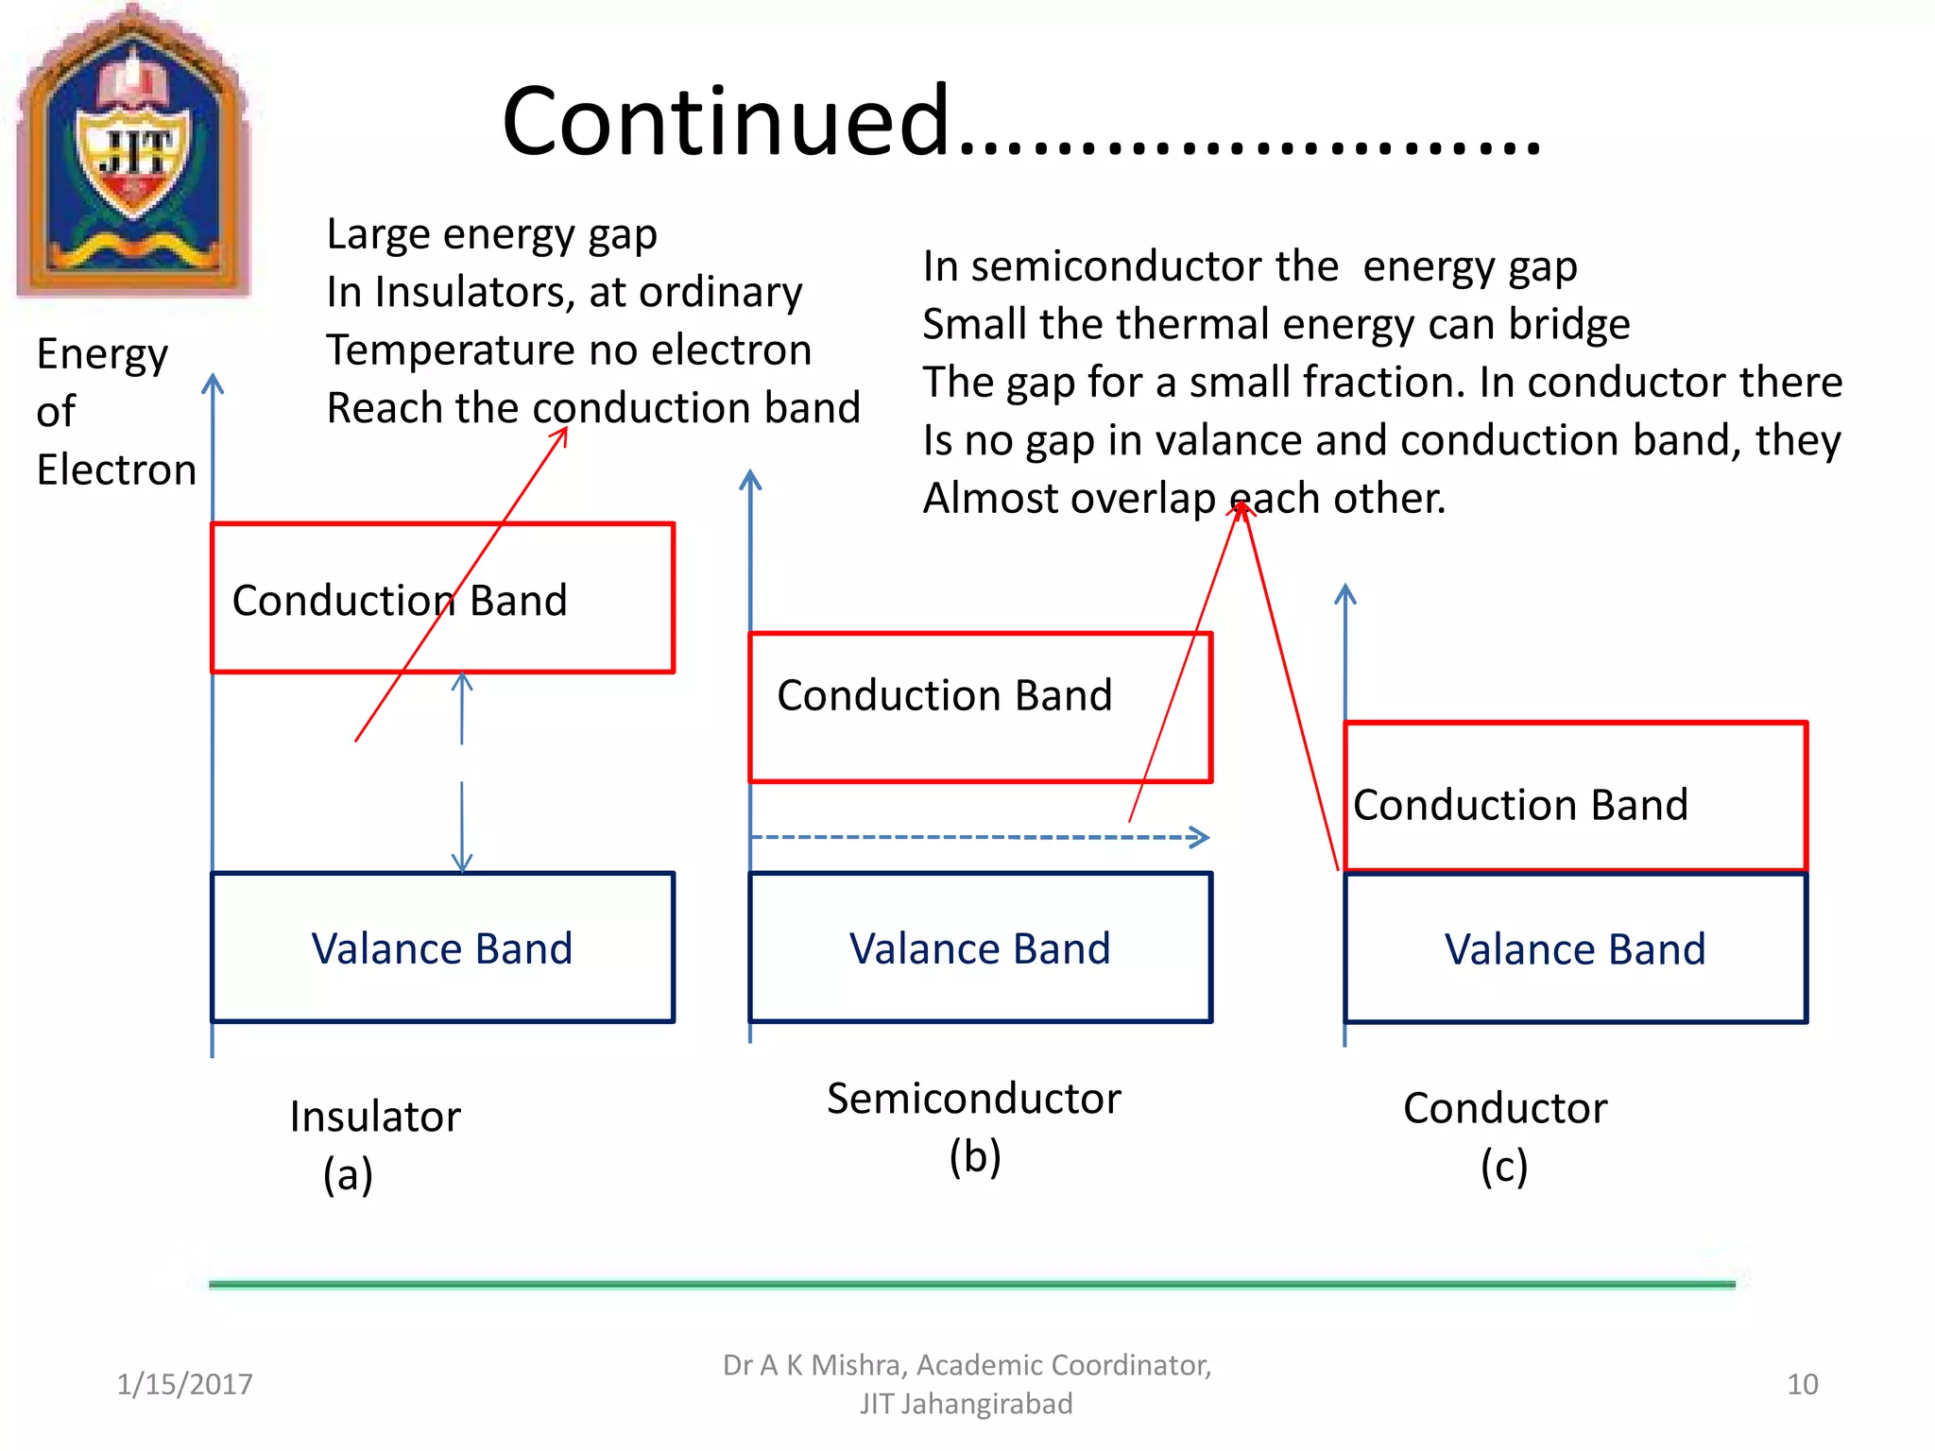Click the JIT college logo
133,151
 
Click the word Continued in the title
725,123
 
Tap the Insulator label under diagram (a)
375,1117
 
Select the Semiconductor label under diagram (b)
973,1099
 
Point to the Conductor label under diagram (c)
1504,1108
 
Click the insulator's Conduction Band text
399,601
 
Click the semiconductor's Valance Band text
980,948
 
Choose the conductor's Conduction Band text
1519,805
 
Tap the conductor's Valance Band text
1574,949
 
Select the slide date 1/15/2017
184,1384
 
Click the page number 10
1802,1384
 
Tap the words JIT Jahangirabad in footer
966,1404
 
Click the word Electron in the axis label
116,469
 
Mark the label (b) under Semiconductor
974,1156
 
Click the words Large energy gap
491,234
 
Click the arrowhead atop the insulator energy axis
213,383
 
